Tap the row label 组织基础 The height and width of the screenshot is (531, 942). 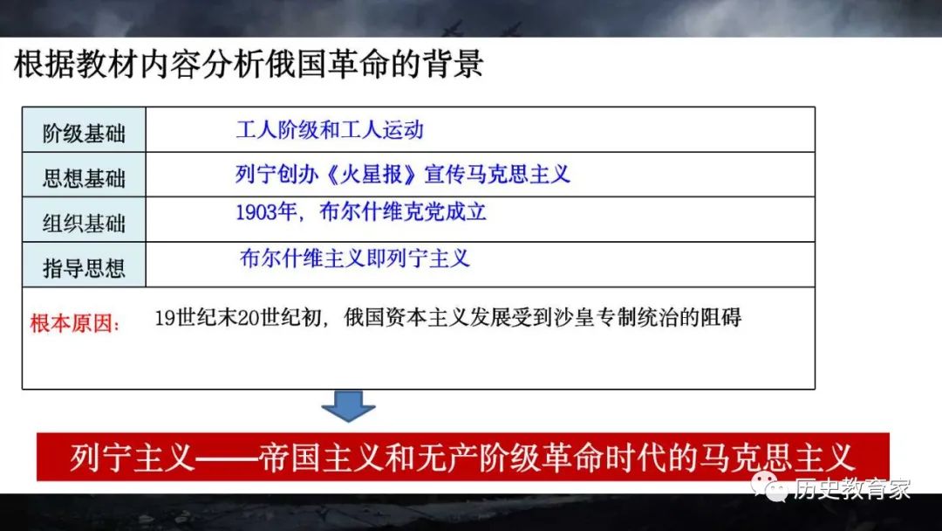(84, 224)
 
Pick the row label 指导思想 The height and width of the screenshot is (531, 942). (84, 268)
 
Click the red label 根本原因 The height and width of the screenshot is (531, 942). (74, 323)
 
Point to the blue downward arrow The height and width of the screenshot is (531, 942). (348, 406)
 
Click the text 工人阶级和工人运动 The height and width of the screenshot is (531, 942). (330, 130)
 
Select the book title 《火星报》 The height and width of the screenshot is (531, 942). (372, 175)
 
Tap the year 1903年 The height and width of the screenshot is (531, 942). (265, 212)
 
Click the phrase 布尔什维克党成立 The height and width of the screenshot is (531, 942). (403, 212)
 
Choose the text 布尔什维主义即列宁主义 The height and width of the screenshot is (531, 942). (354, 259)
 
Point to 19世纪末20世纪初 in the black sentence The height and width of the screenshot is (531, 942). (238, 318)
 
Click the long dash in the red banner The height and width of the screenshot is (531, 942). (227, 459)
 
